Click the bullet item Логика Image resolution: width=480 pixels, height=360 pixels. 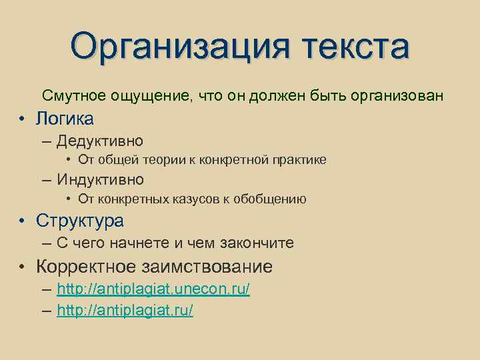pyautogui.click(x=65, y=119)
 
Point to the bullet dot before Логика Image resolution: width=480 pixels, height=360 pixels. pyautogui.click(x=22, y=119)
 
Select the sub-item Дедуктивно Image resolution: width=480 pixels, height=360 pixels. pyautogui.click(x=100, y=141)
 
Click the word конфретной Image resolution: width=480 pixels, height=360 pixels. pyautogui.click(x=231, y=159)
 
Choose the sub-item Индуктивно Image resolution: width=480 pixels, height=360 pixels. pyautogui.click(x=100, y=179)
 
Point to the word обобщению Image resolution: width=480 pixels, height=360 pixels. pyautogui.click(x=273, y=199)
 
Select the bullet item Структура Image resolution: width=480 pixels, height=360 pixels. pyautogui.click(x=80, y=221)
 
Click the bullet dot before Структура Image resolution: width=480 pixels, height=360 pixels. pyautogui.click(x=22, y=221)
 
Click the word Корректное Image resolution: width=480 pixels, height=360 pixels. pyautogui.click(x=86, y=267)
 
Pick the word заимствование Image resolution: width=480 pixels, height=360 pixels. pyautogui.click(x=207, y=267)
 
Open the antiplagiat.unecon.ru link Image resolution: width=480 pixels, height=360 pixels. pyautogui.click(x=153, y=290)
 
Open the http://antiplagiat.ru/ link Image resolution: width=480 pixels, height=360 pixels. pyautogui.click(x=125, y=311)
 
